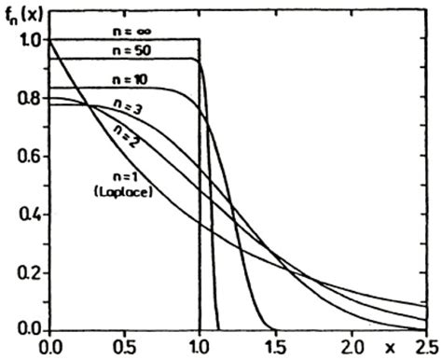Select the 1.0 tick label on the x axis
tap(200, 347)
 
